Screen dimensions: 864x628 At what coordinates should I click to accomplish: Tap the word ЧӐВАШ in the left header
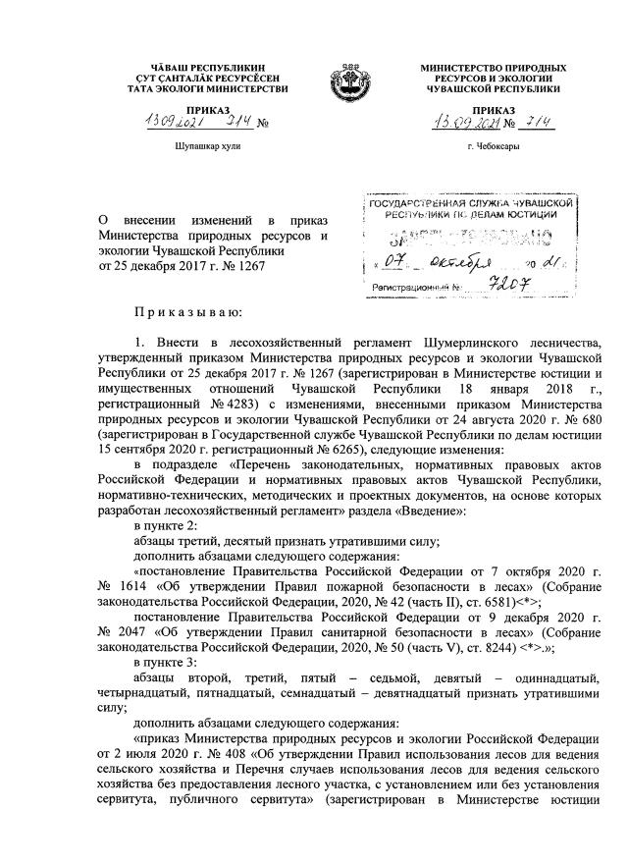tap(159, 68)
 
